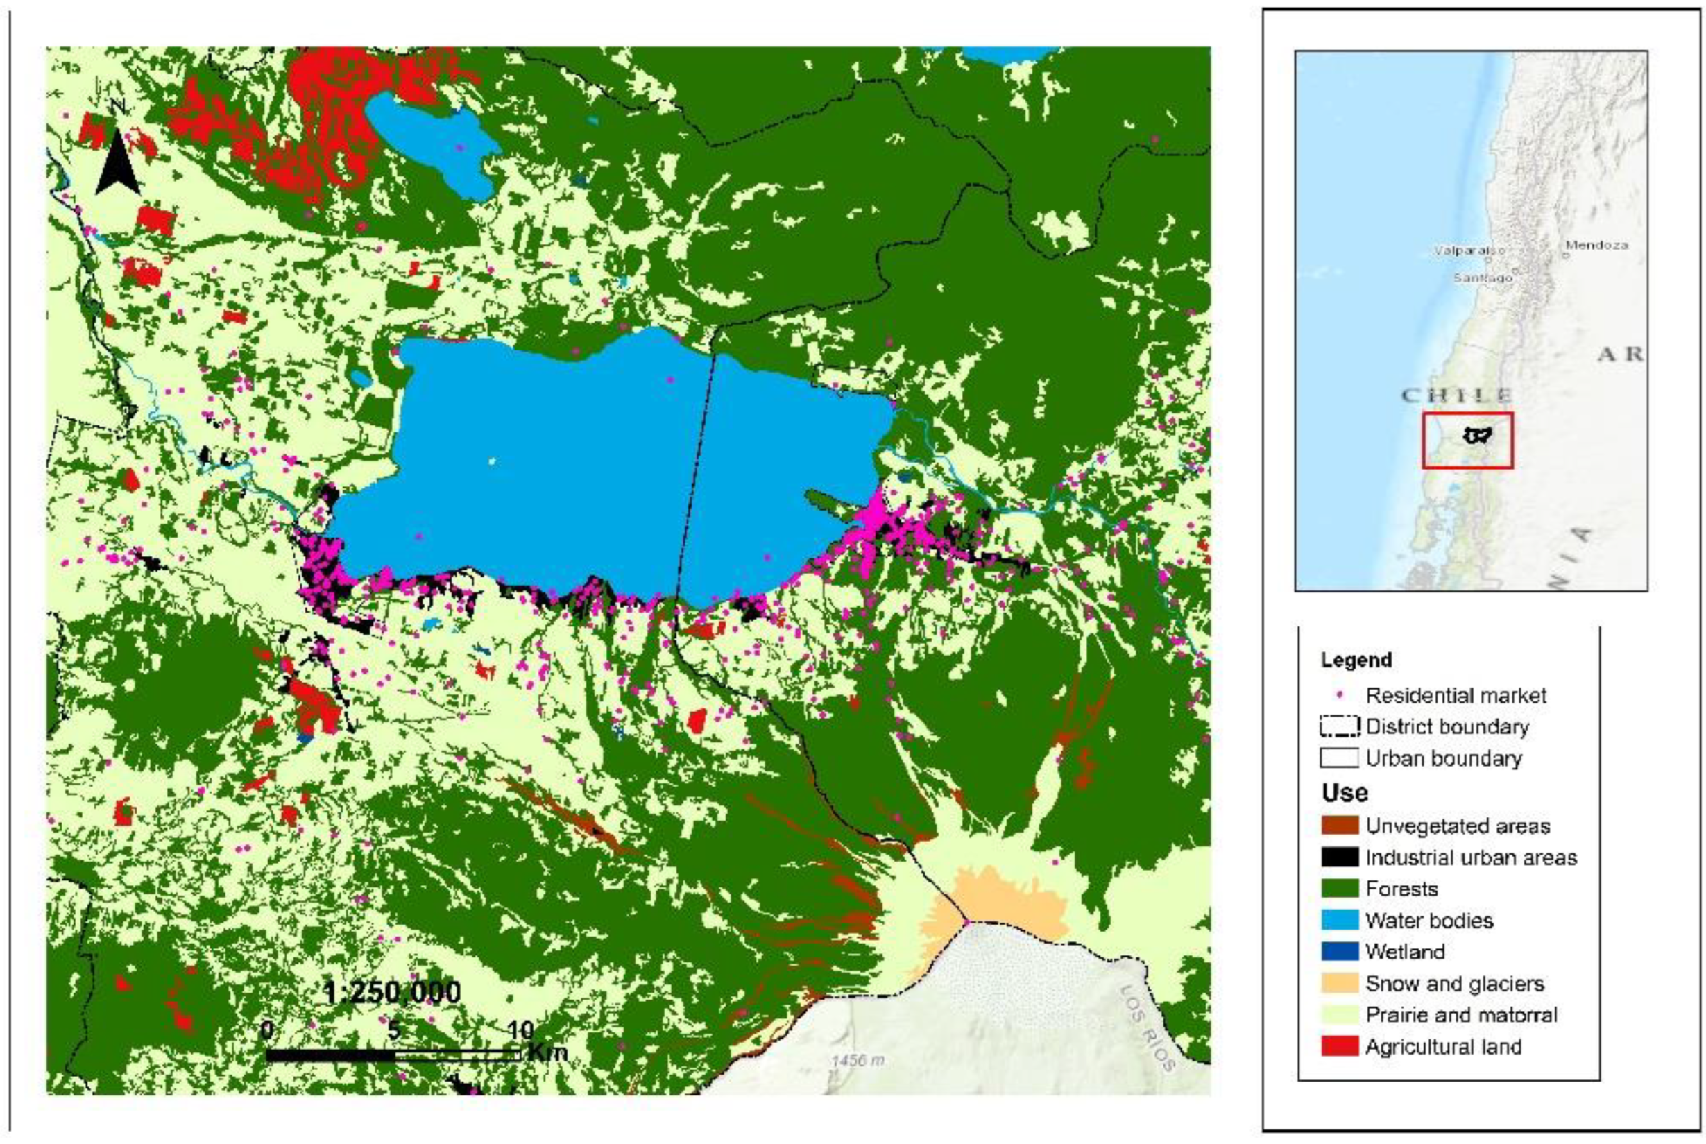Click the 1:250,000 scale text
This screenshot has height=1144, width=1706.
click(392, 992)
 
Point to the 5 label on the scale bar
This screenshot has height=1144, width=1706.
click(394, 1030)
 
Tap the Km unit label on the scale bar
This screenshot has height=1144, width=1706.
click(547, 1051)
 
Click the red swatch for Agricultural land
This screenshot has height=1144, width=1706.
click(1340, 1046)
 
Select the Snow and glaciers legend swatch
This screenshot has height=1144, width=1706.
click(1340, 983)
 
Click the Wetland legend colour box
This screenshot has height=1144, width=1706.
click(1340, 951)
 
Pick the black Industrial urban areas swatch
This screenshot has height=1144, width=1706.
click(1340, 857)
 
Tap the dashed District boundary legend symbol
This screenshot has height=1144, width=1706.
click(1340, 726)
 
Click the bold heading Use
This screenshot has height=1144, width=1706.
click(1344, 792)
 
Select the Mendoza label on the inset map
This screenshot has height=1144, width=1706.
click(1596, 245)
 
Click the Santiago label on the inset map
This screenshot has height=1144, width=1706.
click(1483, 278)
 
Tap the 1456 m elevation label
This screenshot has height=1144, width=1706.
click(858, 1059)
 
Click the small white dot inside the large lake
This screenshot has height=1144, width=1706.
click(492, 461)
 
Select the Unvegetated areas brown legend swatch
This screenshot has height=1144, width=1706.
click(1340, 825)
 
